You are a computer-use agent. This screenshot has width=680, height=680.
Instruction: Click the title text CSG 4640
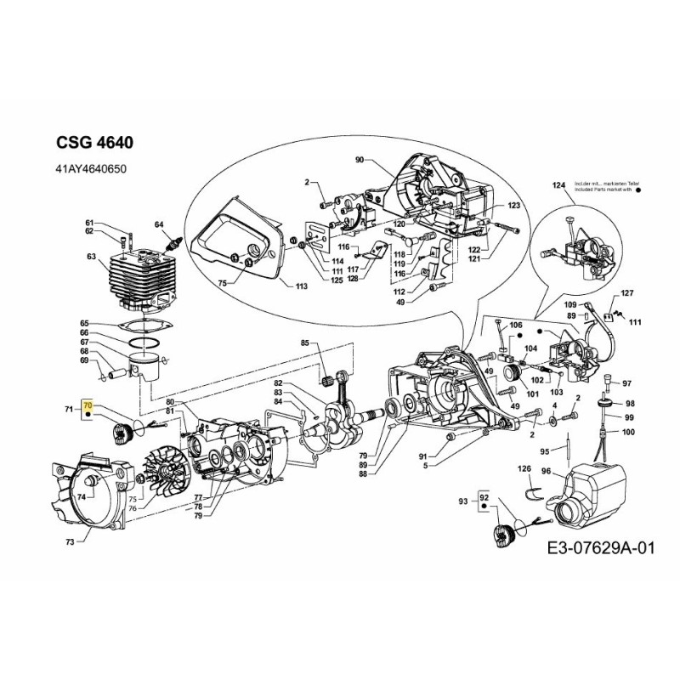tap(93, 142)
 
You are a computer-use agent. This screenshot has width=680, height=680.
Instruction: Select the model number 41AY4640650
tap(91, 170)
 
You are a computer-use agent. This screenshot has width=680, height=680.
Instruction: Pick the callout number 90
tap(359, 160)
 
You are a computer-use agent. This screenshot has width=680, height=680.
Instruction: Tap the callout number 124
tap(558, 185)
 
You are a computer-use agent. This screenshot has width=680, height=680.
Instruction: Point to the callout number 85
tap(304, 343)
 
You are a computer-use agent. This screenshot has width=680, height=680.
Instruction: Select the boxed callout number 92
tap(484, 498)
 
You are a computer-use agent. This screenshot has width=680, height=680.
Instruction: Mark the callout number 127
tap(627, 293)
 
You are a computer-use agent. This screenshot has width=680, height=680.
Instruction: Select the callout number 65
tap(84, 323)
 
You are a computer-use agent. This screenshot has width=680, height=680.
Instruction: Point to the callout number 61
tap(90, 222)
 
